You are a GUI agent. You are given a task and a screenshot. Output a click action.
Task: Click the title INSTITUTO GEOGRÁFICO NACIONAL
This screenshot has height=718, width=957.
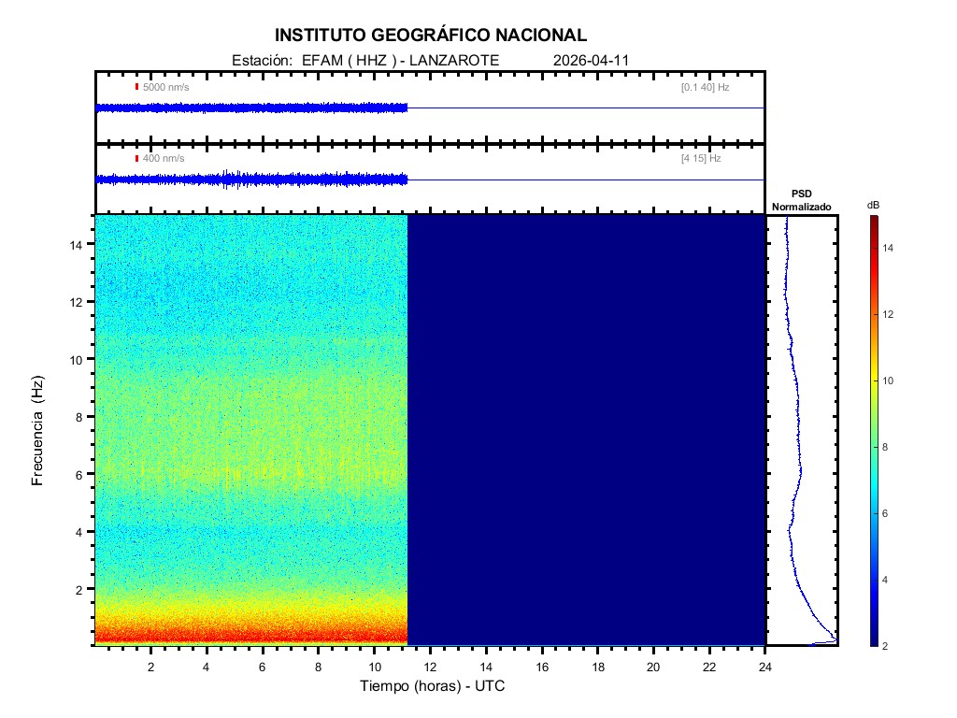click(431, 36)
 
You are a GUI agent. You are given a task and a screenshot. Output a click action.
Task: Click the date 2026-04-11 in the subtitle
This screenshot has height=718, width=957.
click(592, 61)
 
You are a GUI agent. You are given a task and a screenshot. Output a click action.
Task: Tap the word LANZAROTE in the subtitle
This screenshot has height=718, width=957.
click(456, 61)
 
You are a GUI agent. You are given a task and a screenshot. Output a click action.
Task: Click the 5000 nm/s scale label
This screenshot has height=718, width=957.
click(164, 87)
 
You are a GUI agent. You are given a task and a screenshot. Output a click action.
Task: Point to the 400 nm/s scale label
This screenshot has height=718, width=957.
click(163, 159)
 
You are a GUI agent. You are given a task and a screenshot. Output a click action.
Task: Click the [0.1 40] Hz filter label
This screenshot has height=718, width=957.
click(705, 87)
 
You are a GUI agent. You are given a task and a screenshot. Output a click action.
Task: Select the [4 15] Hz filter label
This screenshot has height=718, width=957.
click(701, 159)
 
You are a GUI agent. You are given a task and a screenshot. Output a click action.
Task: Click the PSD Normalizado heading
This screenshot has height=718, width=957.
click(801, 200)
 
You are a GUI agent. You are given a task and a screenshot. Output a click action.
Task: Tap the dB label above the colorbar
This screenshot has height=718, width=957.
click(873, 205)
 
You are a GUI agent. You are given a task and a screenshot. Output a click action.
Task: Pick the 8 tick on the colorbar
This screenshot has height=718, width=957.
click(888, 448)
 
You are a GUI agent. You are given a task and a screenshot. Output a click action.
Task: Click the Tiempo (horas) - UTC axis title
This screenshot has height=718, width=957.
click(433, 686)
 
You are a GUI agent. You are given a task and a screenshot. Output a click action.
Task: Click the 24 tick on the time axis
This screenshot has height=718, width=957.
click(765, 667)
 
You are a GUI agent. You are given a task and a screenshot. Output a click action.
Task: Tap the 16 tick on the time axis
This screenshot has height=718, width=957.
click(542, 667)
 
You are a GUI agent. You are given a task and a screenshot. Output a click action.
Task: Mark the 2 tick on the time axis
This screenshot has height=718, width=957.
click(150, 667)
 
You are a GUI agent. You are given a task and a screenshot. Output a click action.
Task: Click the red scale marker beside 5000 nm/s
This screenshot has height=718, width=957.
click(136, 87)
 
